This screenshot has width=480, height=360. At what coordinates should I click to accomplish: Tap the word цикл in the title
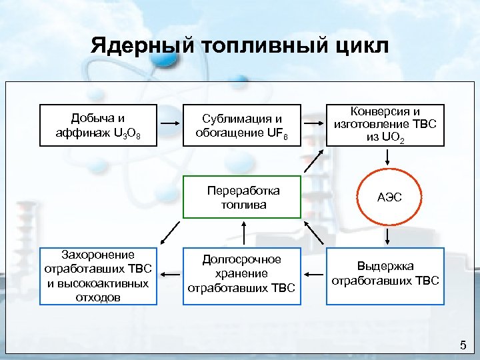357,47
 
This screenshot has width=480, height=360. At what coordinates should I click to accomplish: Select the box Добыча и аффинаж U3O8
98,125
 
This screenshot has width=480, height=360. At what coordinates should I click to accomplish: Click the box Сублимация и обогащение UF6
243,125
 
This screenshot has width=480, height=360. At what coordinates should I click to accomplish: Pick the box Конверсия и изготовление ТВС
385,125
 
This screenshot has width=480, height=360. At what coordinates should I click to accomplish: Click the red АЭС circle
387,197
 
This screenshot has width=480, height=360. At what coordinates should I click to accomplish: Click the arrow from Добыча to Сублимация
170,125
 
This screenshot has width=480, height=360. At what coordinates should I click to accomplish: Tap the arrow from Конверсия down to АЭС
387,158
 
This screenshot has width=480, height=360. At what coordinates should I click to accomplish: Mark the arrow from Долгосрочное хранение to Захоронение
170,274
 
